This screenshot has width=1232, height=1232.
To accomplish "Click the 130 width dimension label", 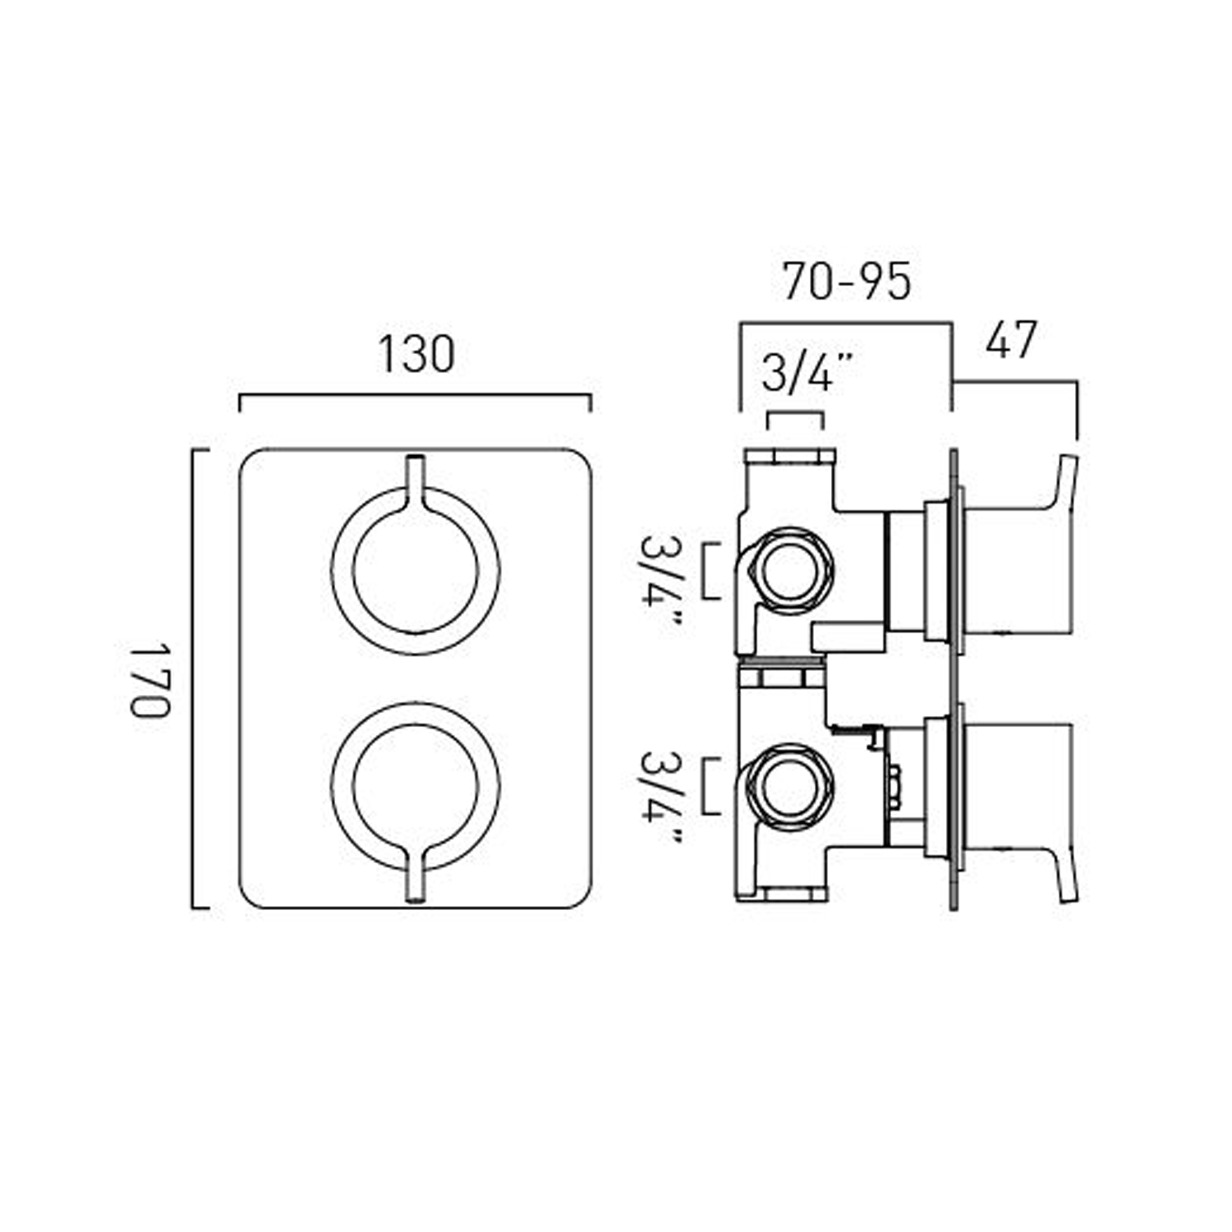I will pos(416,355).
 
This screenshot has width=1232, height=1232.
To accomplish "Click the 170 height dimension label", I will pos(150,679).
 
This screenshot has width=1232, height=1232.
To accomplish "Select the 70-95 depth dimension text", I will pos(846,282).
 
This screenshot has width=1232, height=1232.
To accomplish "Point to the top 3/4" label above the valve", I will pos(807,373).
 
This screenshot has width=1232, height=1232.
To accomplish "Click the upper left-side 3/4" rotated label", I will pos(660,580).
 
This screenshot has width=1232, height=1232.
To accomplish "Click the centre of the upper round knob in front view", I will pos(416,571).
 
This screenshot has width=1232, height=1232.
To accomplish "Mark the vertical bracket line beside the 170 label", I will pos(194,679).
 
